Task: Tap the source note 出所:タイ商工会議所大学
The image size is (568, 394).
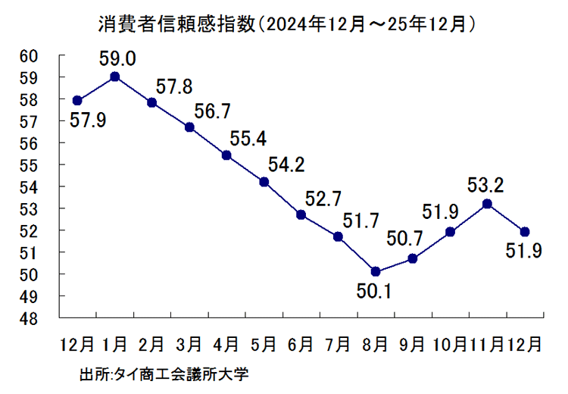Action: pos(164,374)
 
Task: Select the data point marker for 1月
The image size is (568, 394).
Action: pos(114,77)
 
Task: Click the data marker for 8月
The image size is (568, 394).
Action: pos(376,271)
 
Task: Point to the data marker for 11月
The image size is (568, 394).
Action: pos(487,204)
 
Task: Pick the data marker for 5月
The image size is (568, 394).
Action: pos(264,182)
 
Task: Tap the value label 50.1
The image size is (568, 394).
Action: pos(375,290)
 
